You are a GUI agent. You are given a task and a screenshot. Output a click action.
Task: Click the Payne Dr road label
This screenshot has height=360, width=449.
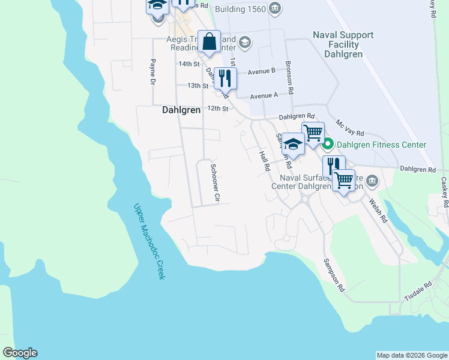pos(153,73)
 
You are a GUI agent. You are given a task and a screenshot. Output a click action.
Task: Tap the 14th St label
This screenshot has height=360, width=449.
pos(188,64)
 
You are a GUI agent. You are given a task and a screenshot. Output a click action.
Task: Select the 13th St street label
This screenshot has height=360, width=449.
pos(197,86)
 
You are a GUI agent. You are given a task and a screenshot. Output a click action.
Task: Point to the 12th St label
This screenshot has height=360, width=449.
pos(218,109)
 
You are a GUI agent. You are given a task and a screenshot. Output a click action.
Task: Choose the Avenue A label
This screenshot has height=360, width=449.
pos(264,95)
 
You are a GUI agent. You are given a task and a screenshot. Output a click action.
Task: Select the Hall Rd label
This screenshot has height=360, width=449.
pos(264,161)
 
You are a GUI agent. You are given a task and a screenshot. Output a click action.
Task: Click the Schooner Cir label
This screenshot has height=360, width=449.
pos(217,182)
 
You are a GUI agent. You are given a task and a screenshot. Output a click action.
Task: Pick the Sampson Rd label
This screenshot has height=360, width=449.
pos(334,275)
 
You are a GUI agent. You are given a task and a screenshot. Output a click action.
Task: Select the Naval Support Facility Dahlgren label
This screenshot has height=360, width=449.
pos(343,44)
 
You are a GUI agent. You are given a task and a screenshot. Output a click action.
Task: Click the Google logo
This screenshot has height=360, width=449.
pos(20,353)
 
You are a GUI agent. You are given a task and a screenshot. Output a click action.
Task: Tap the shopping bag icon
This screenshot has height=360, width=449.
pos(209,41)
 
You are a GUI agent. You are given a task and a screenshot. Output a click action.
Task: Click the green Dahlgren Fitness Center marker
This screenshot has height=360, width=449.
pos(328,145)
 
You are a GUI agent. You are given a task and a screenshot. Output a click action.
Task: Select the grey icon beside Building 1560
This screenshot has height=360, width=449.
pos(275,8)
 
